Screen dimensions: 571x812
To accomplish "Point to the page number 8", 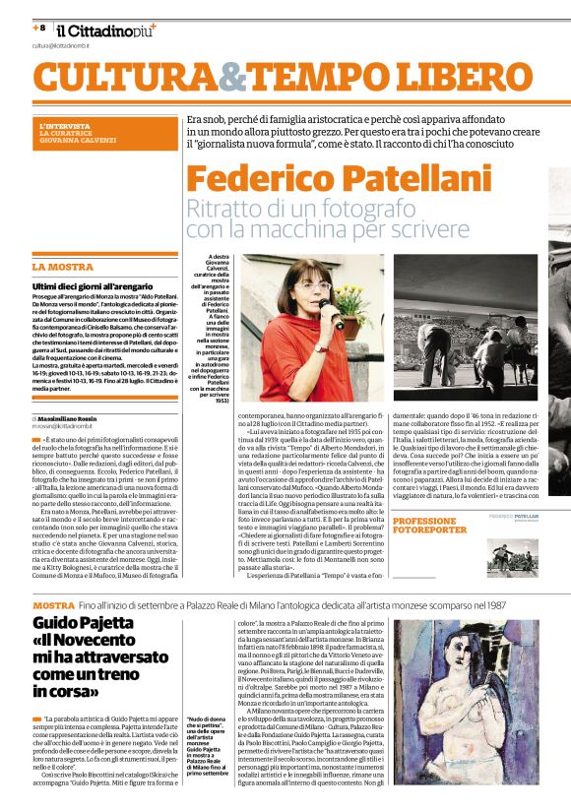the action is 41,28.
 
